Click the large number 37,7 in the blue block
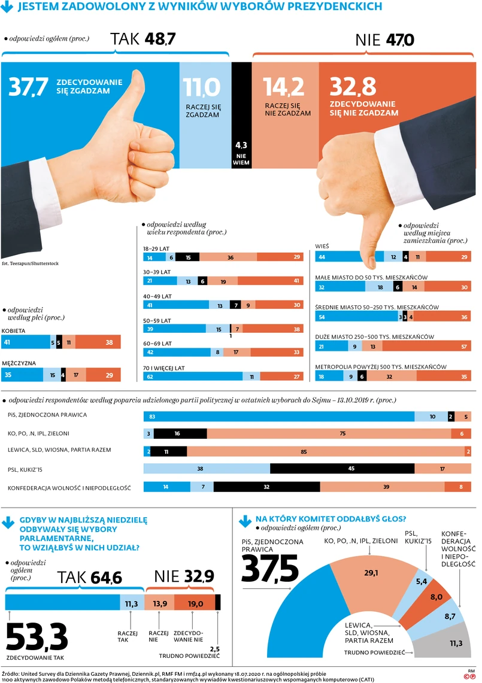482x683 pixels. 28,87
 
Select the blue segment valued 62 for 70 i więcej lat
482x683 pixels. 193,377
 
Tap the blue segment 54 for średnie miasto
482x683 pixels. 356,317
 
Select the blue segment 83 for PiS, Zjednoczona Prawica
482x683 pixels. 278,416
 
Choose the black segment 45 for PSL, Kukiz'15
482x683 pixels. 351,469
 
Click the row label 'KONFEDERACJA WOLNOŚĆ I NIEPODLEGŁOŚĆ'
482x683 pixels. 69,488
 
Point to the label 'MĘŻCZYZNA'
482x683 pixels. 19,363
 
